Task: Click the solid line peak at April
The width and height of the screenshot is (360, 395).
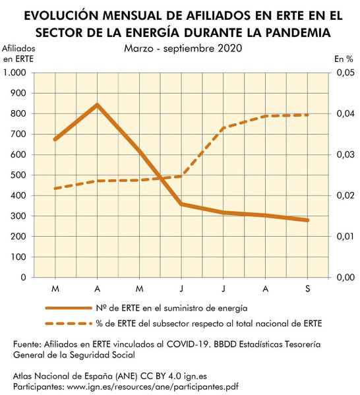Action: point(98,105)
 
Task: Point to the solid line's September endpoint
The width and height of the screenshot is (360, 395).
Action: point(307,220)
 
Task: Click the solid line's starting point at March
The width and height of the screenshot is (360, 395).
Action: point(55,139)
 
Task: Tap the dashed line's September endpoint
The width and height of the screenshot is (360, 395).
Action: point(307,115)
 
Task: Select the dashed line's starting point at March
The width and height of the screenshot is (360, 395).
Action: point(55,189)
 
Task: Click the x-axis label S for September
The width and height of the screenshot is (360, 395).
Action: point(307,289)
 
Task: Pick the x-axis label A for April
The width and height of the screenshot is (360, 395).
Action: point(98,289)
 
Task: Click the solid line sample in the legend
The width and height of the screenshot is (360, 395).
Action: point(68,307)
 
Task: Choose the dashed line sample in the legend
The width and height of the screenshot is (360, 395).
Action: point(68,323)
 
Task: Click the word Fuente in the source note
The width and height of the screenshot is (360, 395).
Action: point(28,344)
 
